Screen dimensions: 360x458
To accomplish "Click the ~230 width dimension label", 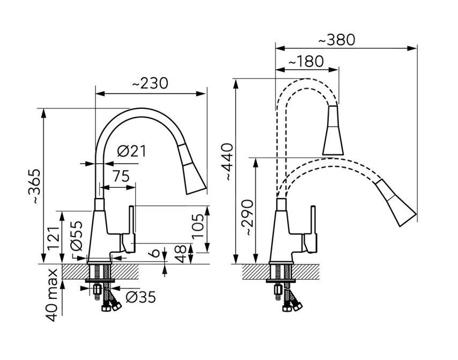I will [150, 84].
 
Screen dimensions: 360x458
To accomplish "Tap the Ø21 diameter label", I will [131, 151].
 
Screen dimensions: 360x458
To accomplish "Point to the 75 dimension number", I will [121, 177].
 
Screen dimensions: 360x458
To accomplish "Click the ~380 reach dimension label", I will [336, 40].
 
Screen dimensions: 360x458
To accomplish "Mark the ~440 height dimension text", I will [227, 161].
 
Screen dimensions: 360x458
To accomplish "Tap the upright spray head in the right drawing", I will [333, 131].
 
